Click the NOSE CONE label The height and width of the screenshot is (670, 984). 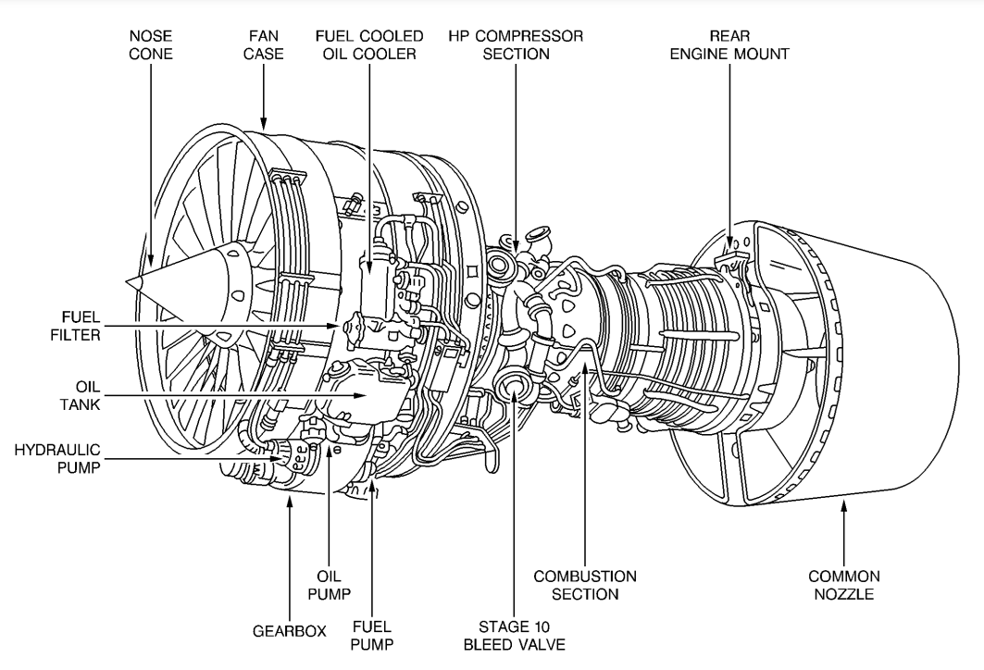click(x=151, y=44)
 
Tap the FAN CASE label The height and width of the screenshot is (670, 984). click(x=264, y=44)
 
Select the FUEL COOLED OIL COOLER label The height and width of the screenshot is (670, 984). click(x=369, y=44)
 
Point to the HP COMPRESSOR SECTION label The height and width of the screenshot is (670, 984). click(x=516, y=44)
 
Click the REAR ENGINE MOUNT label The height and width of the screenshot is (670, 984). click(x=729, y=44)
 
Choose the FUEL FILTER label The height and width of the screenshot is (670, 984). click(x=75, y=326)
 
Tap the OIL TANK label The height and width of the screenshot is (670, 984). click(x=81, y=395)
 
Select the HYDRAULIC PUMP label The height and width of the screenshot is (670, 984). click(x=57, y=459)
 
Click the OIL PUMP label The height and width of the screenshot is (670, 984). click(x=329, y=585)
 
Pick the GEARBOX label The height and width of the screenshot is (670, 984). click(x=290, y=631)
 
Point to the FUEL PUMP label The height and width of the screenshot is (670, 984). click(x=372, y=635)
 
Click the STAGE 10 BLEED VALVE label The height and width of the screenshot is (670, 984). click(x=514, y=635)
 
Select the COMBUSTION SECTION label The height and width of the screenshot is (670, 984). click(x=585, y=585)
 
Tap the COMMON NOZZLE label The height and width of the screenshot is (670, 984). click(x=844, y=585)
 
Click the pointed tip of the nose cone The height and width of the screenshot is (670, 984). click(x=126, y=281)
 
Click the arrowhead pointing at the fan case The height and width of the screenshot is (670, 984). click(x=264, y=123)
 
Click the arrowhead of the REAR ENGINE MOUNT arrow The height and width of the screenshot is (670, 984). click(x=729, y=242)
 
